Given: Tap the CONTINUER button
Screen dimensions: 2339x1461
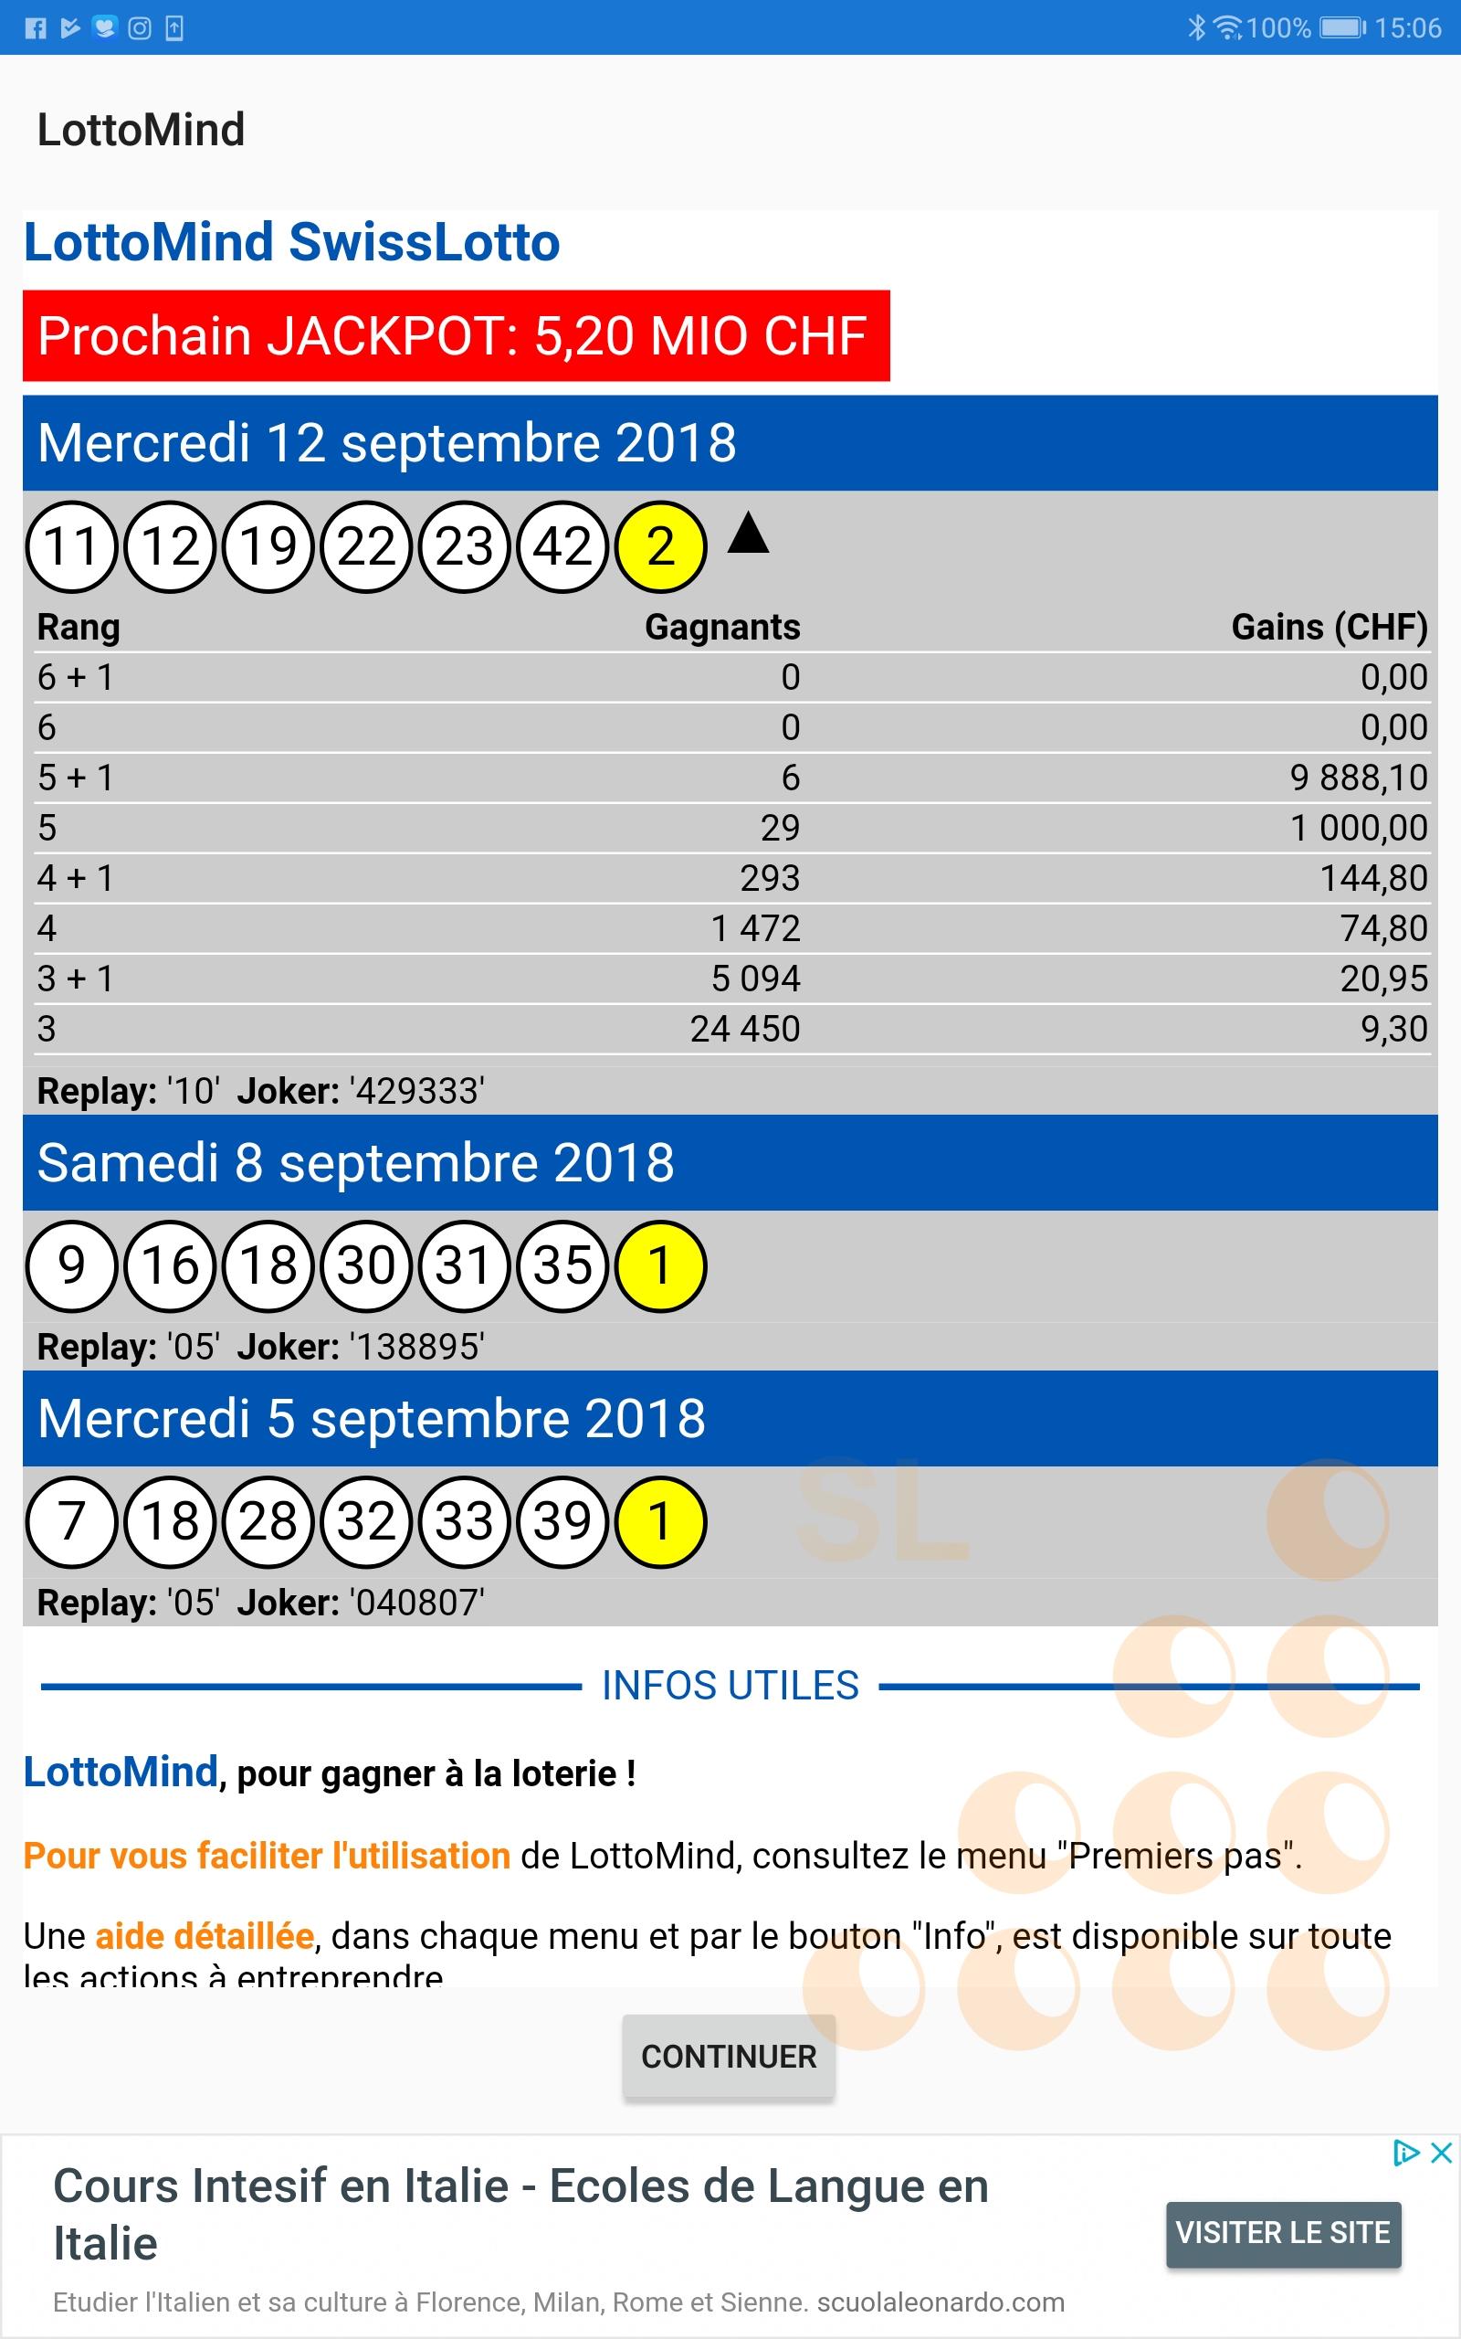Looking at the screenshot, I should [x=729, y=2056].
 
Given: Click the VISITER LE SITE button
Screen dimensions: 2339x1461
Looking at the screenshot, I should [x=1282, y=2232].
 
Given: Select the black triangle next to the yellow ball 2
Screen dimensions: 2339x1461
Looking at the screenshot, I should [x=747, y=534].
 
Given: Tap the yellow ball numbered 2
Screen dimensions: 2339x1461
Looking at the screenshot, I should [x=661, y=546].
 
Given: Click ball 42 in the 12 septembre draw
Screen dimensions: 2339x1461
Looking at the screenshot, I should [x=562, y=546].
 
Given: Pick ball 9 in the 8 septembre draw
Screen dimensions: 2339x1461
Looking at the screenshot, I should [x=71, y=1265].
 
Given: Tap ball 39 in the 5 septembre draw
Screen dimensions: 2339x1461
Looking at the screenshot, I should [x=562, y=1521].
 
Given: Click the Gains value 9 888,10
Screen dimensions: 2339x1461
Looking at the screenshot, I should [x=1358, y=778].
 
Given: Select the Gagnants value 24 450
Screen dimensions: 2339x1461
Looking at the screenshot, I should [x=744, y=1029].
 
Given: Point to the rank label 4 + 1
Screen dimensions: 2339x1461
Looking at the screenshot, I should [x=76, y=878].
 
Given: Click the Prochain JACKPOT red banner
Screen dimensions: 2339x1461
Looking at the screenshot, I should [x=455, y=335].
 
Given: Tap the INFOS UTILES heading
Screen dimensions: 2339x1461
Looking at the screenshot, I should [x=730, y=1686].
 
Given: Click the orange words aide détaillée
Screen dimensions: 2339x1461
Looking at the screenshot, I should [x=204, y=1936].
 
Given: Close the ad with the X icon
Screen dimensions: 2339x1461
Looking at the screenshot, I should [x=1441, y=2153].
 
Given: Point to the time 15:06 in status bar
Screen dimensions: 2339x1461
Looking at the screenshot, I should [x=1407, y=27].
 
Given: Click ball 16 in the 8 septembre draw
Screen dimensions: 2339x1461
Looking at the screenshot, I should [x=170, y=1265].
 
